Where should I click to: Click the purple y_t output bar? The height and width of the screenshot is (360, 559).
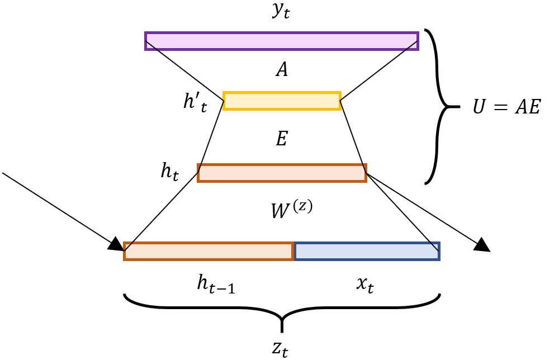282,41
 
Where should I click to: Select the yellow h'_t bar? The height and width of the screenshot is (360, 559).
282,101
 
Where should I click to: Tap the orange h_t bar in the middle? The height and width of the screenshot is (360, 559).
282,173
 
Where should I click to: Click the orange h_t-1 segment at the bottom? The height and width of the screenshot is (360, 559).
209,251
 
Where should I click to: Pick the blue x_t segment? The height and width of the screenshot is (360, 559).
367,251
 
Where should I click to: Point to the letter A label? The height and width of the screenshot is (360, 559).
282,70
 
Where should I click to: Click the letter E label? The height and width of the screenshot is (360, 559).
282,139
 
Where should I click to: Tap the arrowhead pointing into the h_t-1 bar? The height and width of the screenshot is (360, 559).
116,244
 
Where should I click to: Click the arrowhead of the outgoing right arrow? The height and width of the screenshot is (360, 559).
483,245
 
